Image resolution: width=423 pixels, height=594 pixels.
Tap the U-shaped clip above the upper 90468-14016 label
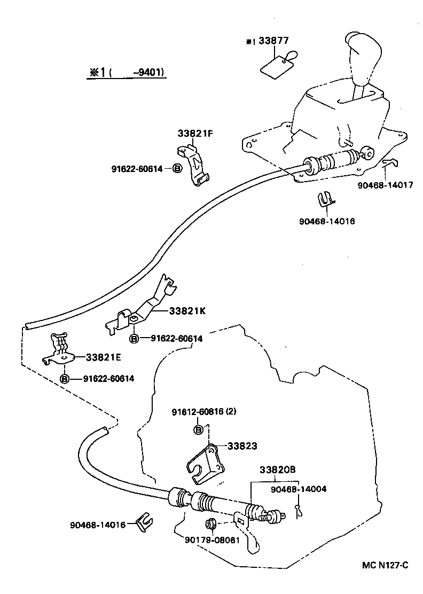pyautogui.click(x=325, y=200)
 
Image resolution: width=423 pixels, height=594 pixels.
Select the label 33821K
pyautogui.click(x=187, y=311)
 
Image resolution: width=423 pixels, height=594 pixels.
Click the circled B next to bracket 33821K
pyautogui.click(x=134, y=339)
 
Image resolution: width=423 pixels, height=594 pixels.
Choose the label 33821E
pyautogui.click(x=103, y=357)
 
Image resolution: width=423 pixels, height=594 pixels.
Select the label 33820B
pyautogui.click(x=278, y=470)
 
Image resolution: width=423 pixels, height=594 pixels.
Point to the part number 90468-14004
pyautogui.click(x=299, y=488)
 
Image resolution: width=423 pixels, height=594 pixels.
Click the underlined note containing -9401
pyautogui.click(x=127, y=73)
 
